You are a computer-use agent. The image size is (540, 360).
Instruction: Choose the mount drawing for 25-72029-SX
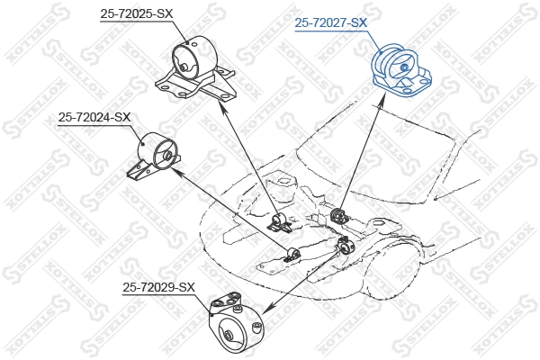click(x=233, y=324)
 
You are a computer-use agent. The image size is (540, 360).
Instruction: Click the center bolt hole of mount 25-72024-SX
click(x=166, y=156)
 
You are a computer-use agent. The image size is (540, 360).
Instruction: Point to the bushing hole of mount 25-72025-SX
click(x=184, y=65)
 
